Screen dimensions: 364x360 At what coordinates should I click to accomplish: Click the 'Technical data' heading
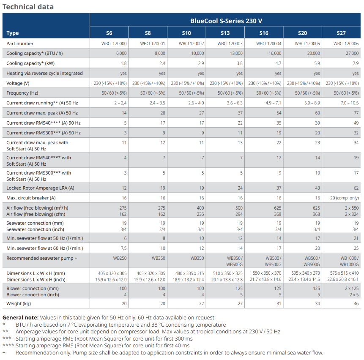pyautogui.click(x=28, y=7)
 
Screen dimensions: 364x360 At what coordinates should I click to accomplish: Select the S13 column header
pyautogui.click(x=225, y=33)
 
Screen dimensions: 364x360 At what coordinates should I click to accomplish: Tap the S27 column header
pyautogui.click(x=341, y=33)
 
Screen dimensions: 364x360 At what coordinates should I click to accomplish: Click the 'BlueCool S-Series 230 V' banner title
pyautogui.click(x=226, y=21)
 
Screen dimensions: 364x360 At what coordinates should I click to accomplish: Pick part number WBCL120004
pyautogui.click(x=268, y=44)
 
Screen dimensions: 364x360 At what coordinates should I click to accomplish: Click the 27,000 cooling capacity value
pyautogui.click(x=352, y=53)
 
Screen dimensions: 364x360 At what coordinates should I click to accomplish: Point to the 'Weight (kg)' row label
pyautogui.click(x=19, y=303)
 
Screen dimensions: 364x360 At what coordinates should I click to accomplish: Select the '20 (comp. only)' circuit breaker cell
pyautogui.click(x=344, y=198)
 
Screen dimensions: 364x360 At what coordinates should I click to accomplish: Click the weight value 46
pyautogui.click(x=356, y=303)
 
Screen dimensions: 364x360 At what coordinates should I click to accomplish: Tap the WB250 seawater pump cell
pyautogui.click(x=120, y=258)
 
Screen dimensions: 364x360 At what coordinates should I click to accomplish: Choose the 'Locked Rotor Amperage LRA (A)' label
pyautogui.click(x=40, y=188)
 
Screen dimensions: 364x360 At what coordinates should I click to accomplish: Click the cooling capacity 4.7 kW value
pyautogui.click(x=278, y=63)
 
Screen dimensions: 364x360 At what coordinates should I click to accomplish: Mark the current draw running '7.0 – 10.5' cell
pyautogui.click(x=349, y=103)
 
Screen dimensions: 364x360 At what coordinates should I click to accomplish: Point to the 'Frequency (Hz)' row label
pyautogui.click(x=22, y=93)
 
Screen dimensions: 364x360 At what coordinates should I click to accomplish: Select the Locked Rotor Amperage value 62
pyautogui.click(x=356, y=188)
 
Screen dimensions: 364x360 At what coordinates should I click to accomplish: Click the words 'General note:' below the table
pyautogui.click(x=20, y=318)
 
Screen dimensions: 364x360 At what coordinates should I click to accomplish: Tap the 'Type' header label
pyautogui.click(x=13, y=33)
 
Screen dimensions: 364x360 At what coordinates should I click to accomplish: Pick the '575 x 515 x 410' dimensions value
pyautogui.click(x=344, y=273)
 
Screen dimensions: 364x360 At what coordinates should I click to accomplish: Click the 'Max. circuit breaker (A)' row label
pyautogui.click(x=31, y=198)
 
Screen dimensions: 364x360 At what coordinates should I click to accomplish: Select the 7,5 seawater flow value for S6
pyautogui.click(x=123, y=248)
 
